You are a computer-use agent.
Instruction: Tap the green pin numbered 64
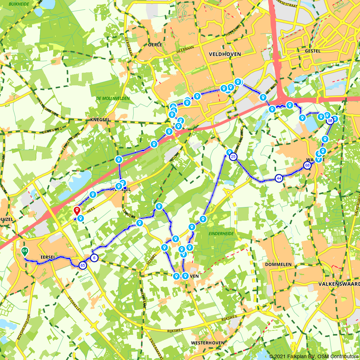tap(24, 251)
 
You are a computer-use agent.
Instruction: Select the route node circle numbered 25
tap(234, 157)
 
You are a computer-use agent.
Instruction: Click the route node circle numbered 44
tap(279, 178)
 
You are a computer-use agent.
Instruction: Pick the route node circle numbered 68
tap(307, 166)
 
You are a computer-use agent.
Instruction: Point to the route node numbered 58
tap(330, 121)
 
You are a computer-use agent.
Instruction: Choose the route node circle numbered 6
tap(94, 258)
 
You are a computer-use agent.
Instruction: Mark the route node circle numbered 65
tap(83, 265)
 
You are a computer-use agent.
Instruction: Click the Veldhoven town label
tap(225, 54)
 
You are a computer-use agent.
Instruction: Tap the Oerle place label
tap(155, 45)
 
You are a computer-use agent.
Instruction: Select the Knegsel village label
tap(100, 120)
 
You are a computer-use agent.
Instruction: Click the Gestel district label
tap(312, 51)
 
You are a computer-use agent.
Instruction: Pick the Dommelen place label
tap(278, 264)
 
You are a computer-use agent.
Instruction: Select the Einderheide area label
tap(221, 234)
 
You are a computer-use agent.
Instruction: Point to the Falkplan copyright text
tap(314, 356)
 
